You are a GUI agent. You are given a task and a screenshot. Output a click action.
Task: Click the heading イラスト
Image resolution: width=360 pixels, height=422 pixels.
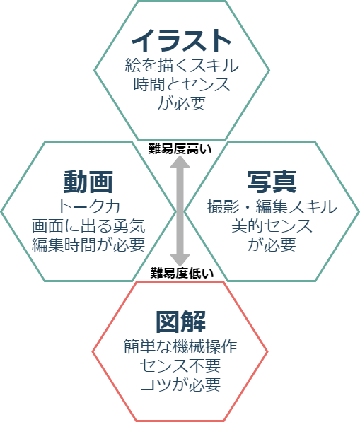181,40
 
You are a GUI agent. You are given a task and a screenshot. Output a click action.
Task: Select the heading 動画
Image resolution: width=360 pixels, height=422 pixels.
88,182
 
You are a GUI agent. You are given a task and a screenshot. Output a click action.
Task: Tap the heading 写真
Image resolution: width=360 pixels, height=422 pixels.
272,182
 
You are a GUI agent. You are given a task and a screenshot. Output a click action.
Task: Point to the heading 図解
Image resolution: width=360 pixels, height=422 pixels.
181,322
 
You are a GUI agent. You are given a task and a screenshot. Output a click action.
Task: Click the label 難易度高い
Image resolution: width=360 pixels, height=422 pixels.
180,149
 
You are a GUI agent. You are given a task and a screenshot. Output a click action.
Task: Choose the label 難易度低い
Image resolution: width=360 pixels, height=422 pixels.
182,273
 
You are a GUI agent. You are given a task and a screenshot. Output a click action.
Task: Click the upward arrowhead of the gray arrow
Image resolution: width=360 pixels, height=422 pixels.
180,162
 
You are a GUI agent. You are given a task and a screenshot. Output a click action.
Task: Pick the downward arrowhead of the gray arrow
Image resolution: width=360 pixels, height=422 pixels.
180,260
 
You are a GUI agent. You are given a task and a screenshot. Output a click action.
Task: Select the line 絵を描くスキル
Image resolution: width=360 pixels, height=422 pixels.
182,65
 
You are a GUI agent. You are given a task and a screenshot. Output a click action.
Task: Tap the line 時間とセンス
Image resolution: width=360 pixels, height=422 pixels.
182,84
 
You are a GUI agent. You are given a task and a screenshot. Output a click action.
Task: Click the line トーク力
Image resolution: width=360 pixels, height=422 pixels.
89,206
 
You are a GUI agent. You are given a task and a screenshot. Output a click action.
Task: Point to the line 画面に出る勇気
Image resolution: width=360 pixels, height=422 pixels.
88,225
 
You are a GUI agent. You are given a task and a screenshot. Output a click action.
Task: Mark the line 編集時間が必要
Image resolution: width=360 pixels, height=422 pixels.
88,245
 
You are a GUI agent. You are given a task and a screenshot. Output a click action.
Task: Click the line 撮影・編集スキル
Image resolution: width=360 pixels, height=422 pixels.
272,206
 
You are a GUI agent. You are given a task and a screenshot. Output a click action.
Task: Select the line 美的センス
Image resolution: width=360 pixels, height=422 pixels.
272,225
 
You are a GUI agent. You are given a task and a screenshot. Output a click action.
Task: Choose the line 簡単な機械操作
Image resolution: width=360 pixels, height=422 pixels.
180,346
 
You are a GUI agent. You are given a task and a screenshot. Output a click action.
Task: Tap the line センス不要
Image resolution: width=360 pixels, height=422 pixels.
180,365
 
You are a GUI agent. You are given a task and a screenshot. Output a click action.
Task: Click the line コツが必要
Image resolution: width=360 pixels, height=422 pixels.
180,384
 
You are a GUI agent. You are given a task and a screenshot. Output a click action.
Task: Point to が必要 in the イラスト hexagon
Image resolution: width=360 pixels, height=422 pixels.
182,102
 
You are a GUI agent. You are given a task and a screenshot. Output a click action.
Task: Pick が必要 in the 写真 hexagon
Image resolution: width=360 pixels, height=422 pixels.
272,245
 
